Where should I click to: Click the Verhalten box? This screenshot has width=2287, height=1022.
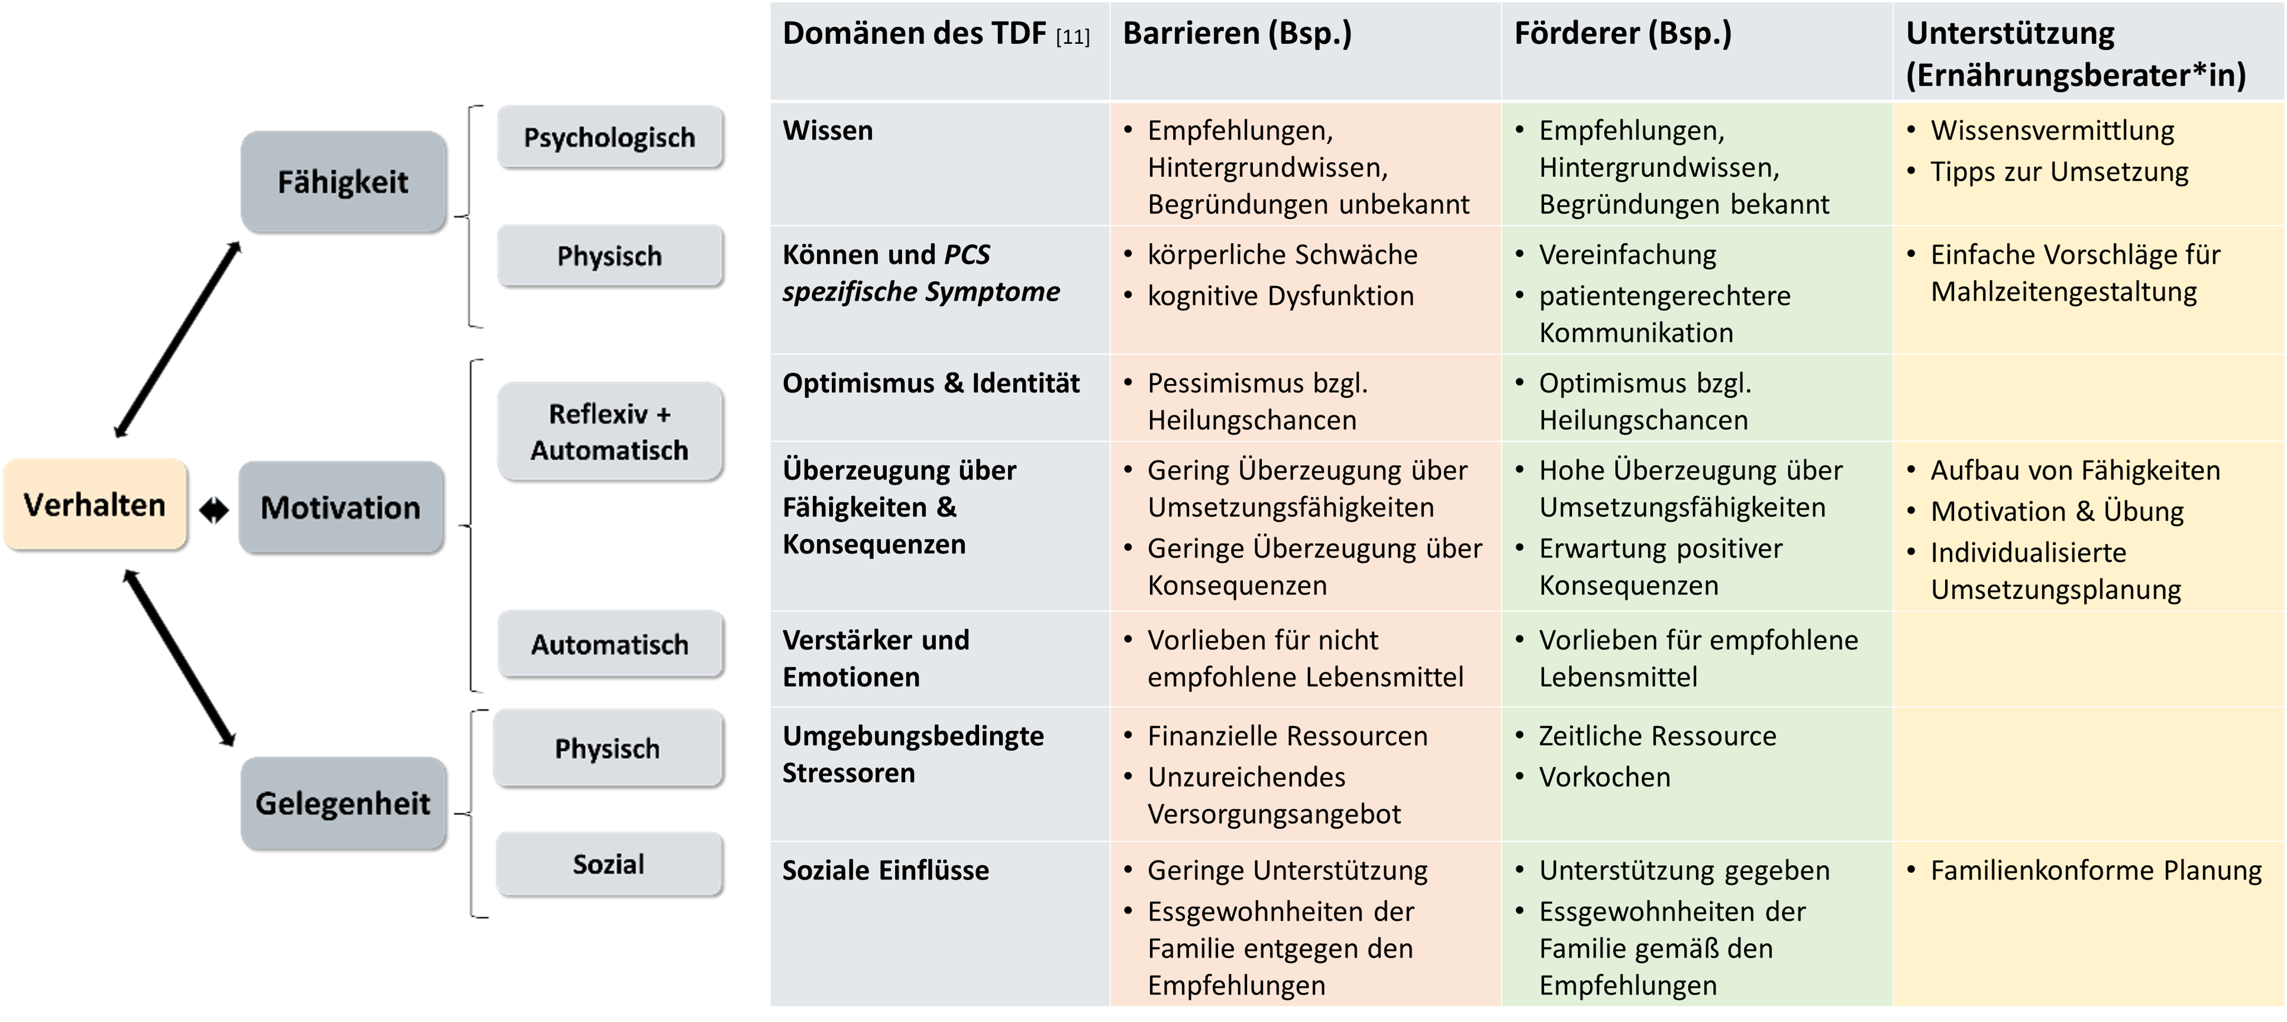(95, 504)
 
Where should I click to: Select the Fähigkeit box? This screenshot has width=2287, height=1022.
(343, 182)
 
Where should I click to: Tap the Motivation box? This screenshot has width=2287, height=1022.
(341, 508)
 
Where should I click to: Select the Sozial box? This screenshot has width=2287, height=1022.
(609, 864)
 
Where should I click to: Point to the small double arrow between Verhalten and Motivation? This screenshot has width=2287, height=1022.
(214, 511)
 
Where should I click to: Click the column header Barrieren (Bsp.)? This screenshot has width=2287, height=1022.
(1237, 34)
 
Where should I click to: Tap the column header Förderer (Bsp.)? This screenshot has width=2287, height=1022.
(1623, 34)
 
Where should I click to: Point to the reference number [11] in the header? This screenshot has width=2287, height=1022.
(1073, 37)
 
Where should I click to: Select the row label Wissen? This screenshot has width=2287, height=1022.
(828, 131)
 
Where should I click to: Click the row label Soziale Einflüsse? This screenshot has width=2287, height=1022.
(885, 870)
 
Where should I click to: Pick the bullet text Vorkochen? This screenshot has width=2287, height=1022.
(1604, 777)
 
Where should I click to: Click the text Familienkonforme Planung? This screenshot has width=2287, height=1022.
(2096, 870)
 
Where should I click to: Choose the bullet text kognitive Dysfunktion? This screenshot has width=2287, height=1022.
(1280, 296)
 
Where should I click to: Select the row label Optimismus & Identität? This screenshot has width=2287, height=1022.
(931, 383)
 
